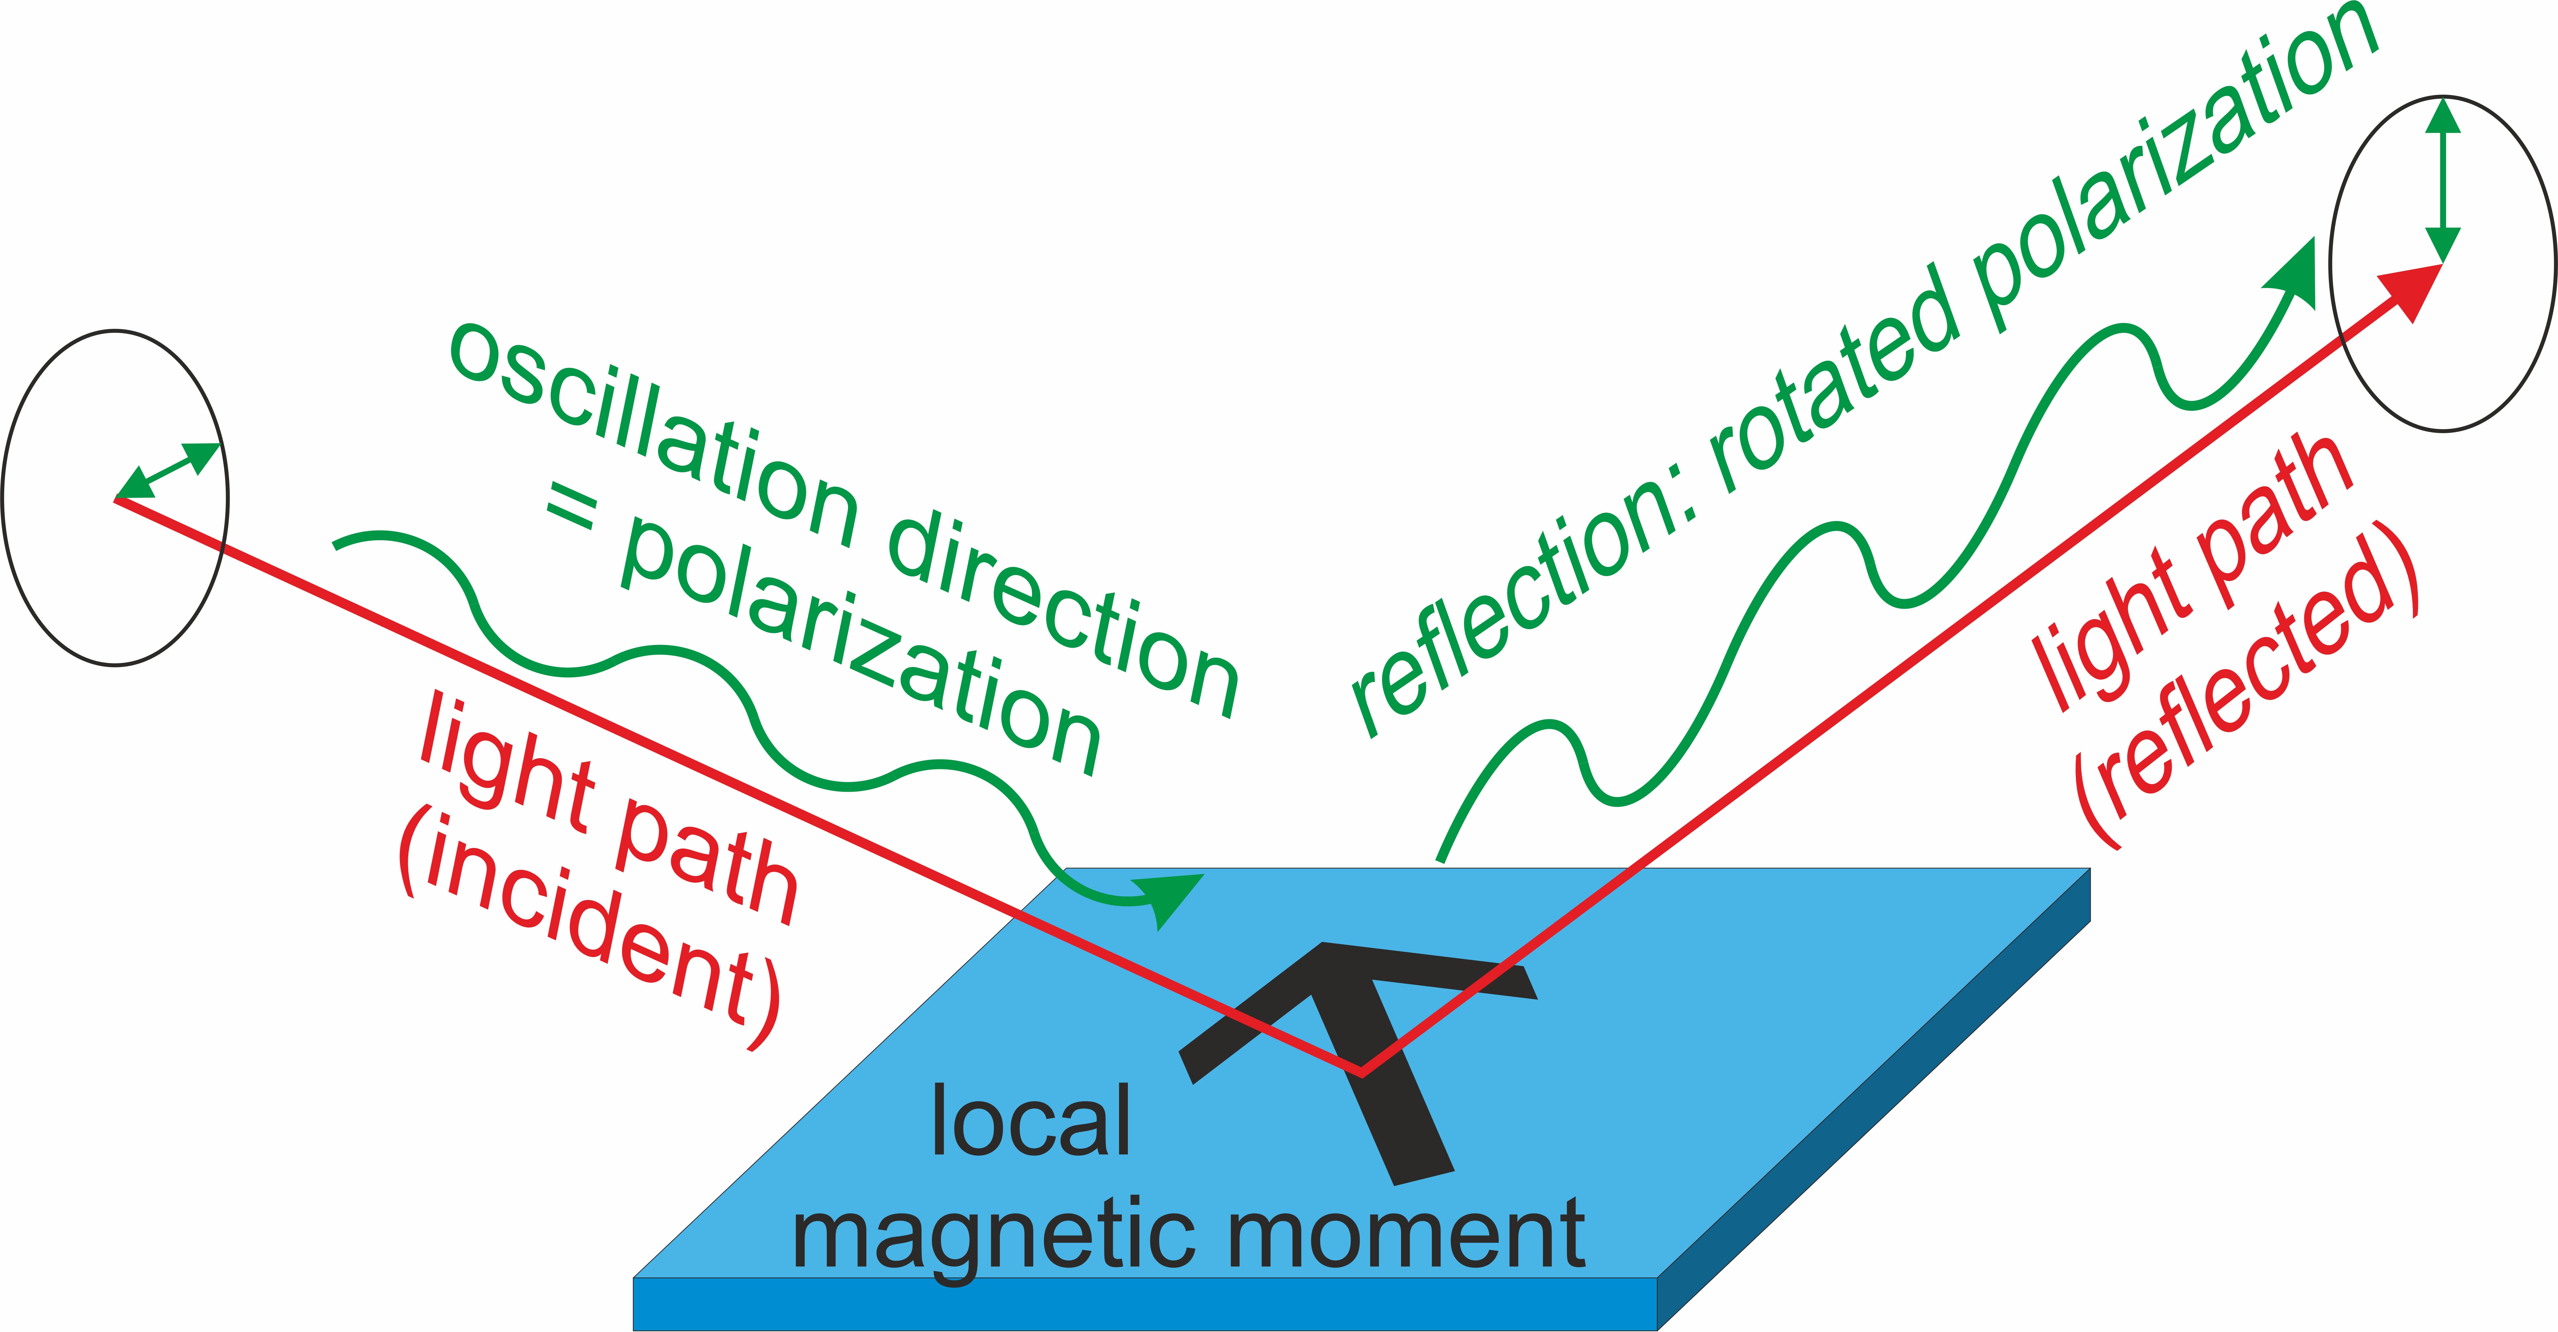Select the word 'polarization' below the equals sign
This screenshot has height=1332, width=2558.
pyautogui.click(x=859, y=646)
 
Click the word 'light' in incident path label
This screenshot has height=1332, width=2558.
pyautogui.click(x=507, y=765)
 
